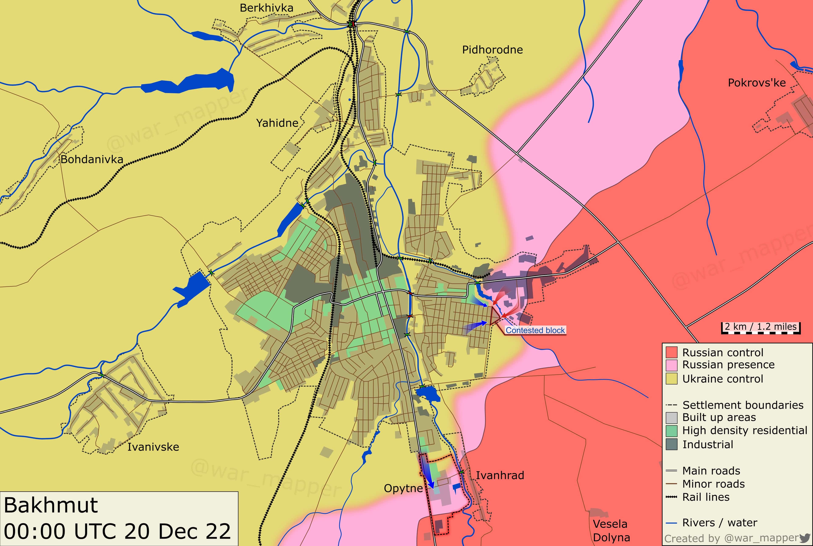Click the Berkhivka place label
click(267, 8)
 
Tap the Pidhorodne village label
click(492, 50)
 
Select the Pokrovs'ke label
click(756, 83)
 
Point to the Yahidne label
click(277, 123)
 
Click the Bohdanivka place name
click(92, 160)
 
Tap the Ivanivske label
click(153, 447)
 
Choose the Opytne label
click(403, 488)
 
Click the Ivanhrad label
click(500, 475)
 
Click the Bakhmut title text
click(51, 505)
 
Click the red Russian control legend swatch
click(671, 352)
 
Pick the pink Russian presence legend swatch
click(671, 365)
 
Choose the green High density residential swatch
click(671, 431)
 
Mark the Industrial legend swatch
click(671, 444)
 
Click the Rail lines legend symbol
click(671, 497)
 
